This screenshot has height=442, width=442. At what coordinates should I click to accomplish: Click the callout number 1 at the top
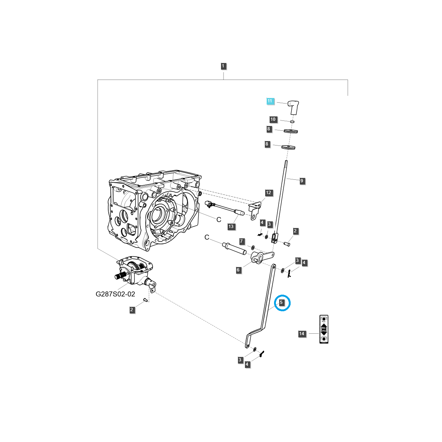click(223, 66)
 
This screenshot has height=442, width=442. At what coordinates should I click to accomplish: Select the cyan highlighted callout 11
click(270, 101)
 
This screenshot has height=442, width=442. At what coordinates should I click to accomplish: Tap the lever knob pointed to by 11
click(293, 107)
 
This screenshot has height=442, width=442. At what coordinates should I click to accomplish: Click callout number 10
click(273, 119)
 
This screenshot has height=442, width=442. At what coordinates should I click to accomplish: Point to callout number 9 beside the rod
click(302, 181)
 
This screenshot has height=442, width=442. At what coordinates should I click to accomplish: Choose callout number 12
click(268, 193)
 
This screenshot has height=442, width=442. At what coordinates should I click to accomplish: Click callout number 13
click(231, 227)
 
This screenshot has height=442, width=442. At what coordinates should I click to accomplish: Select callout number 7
click(242, 242)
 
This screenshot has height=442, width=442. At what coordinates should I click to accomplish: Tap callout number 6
click(238, 270)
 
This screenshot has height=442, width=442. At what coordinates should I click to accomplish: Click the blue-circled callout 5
click(281, 302)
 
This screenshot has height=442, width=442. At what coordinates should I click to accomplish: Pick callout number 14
click(302, 334)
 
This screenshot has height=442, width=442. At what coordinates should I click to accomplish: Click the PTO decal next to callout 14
click(323, 329)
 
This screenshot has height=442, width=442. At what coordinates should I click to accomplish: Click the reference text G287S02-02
click(115, 294)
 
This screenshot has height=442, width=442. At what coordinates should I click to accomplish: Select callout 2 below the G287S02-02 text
click(132, 310)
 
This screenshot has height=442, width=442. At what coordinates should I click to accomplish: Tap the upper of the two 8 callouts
click(269, 129)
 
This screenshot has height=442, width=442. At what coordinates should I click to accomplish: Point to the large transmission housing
click(155, 210)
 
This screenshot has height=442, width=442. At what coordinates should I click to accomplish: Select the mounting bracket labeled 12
click(255, 210)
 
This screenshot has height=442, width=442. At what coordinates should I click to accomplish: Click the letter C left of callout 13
click(218, 220)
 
